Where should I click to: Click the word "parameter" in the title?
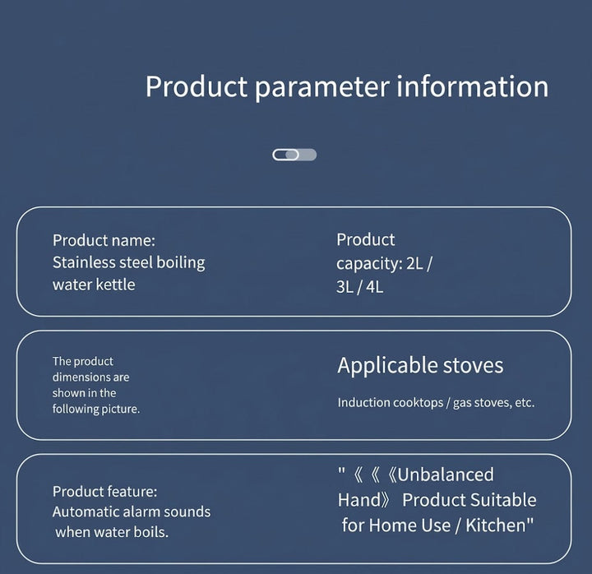click(321, 88)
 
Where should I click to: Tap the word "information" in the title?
click(472, 86)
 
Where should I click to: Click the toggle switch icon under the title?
click(294, 155)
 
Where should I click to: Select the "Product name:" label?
click(104, 241)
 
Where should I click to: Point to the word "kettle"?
click(115, 285)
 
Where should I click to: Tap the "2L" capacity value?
click(414, 264)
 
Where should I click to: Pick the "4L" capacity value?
click(375, 287)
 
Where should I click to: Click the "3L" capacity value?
click(345, 287)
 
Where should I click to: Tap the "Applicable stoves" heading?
click(421, 366)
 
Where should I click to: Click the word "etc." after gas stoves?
click(525, 403)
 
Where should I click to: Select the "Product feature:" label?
click(105, 491)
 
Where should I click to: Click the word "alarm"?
click(141, 512)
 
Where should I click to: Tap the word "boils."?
click(150, 532)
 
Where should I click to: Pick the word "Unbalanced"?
click(446, 474)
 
